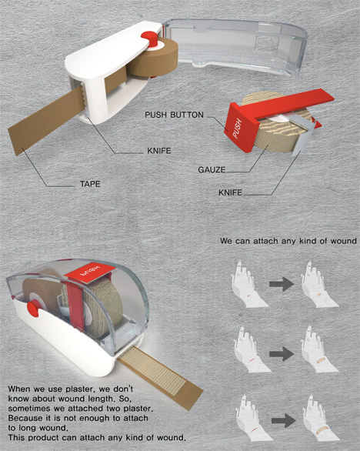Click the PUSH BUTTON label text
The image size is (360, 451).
pyautogui.click(x=173, y=115)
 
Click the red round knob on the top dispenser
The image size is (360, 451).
pyautogui.click(x=148, y=38)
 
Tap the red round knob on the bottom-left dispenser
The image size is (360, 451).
pyautogui.click(x=34, y=308)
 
